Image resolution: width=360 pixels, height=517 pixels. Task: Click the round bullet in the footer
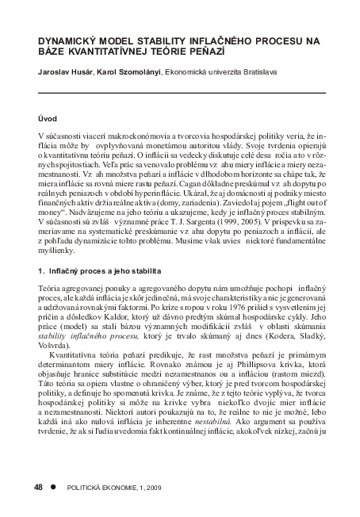pyautogui.click(x=55, y=484)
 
